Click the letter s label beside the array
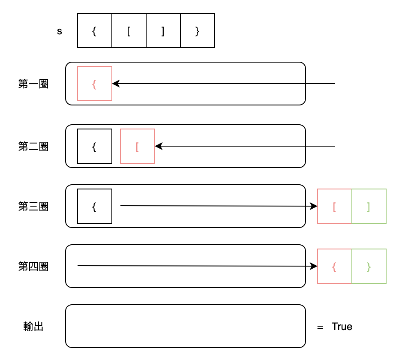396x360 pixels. pos(60,31)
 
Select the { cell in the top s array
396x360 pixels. pos(95,30)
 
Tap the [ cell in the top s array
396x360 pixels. pos(129,30)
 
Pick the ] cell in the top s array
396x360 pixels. pos(163,30)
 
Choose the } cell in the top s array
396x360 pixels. pos(198,30)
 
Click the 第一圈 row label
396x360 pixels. pos(33,84)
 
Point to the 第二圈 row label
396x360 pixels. pos(33,147)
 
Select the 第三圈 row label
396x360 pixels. pos(33,207)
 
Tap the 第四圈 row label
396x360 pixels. pos(33,267)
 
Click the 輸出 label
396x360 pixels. pos(33,327)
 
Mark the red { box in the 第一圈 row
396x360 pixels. pos(95,84)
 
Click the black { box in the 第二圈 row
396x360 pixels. pos(95,146)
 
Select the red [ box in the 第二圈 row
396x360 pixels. pos(138,146)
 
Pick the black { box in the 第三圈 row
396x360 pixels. pos(95,206)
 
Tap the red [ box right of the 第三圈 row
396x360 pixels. pos(334,206)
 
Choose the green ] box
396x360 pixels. pos(369,206)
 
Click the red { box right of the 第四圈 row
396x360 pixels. pos(334,266)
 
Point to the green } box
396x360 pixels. pos(369,266)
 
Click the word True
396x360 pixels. pos(342,327)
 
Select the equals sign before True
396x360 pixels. pos(320,327)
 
